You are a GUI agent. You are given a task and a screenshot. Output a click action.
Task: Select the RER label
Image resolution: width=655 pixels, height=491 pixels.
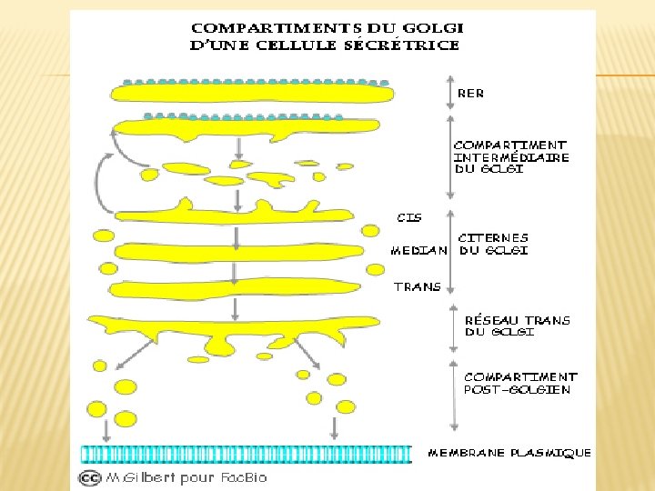pos(471,93)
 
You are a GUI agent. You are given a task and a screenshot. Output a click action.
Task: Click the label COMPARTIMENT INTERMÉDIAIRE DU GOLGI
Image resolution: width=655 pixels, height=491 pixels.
pos(510,156)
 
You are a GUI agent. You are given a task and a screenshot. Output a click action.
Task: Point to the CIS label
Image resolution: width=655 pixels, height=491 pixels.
pos(409,217)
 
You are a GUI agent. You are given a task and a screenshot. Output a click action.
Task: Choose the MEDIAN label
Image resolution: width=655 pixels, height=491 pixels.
pos(418,250)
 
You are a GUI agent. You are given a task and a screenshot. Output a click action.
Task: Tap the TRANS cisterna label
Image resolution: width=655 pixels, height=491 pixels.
pos(417,286)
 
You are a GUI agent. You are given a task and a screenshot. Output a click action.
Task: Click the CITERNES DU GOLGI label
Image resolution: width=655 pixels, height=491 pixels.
pos(492,244)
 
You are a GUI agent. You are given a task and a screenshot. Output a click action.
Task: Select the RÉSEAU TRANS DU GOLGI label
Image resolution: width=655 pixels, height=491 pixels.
pos(517,326)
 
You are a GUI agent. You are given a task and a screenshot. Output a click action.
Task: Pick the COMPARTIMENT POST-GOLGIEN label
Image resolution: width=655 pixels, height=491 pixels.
pos(519,383)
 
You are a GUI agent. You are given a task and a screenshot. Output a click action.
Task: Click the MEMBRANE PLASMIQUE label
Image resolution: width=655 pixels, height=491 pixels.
pos(509,452)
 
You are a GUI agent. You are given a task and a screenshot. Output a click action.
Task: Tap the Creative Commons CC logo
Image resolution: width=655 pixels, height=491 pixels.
pos(89,477)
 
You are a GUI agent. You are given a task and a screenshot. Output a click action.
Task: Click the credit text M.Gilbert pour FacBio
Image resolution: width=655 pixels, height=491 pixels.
pos(186,477)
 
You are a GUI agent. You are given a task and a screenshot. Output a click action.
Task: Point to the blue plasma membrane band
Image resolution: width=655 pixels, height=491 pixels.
pos(246,453)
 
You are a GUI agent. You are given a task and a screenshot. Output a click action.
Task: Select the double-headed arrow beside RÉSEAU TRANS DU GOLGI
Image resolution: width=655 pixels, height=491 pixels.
pos(454,327)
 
